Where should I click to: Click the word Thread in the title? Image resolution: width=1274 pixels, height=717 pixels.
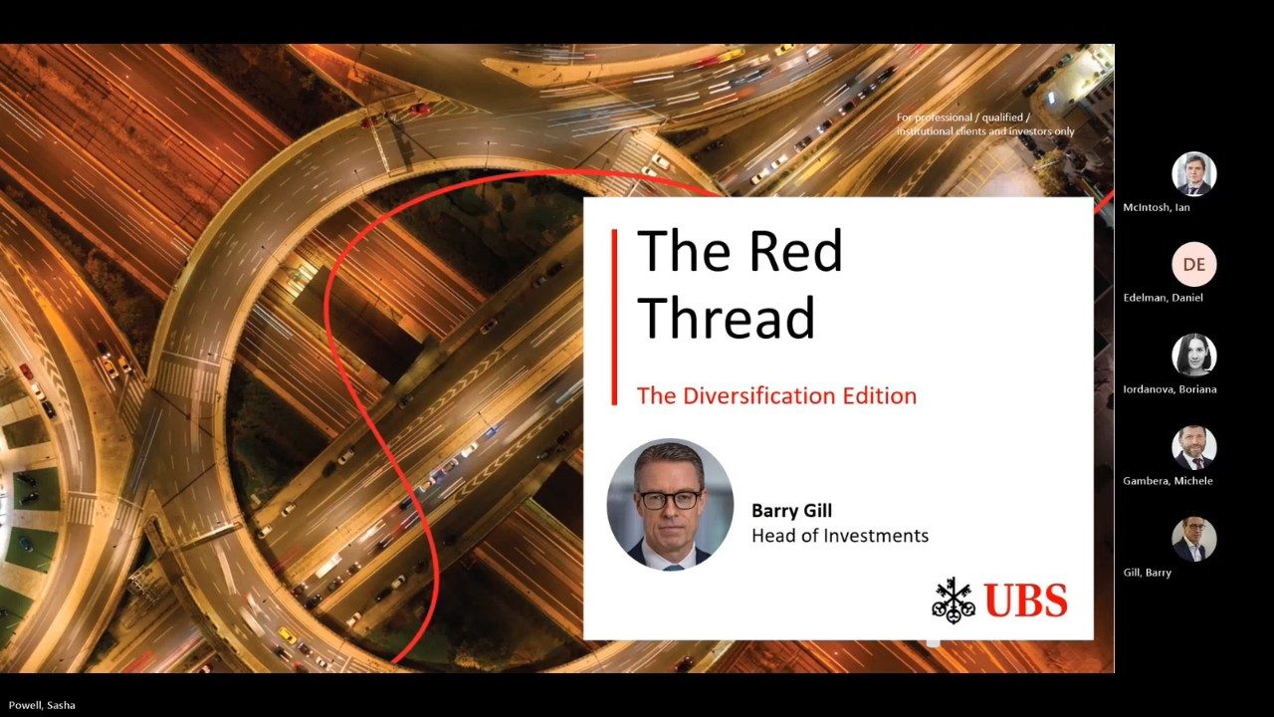click(727, 317)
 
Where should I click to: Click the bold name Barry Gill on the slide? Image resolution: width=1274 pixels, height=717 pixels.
click(791, 511)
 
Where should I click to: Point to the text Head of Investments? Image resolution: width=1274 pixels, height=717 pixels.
click(840, 536)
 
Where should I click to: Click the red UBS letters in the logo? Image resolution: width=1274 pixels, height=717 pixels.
click(1026, 600)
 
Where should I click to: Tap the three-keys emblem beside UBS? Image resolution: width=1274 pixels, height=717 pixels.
click(954, 600)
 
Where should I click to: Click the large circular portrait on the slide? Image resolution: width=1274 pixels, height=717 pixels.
click(670, 504)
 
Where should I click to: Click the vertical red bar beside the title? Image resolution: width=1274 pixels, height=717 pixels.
click(614, 317)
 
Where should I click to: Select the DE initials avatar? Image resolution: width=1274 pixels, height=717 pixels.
click(1193, 264)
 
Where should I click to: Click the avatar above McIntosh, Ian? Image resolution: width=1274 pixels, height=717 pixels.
click(1193, 173)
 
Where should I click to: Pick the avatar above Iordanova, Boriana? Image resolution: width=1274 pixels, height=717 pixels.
click(1193, 356)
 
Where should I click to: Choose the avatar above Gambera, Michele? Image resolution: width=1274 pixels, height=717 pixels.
click(1193, 447)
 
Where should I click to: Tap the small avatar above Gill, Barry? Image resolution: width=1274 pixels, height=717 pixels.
click(1193, 539)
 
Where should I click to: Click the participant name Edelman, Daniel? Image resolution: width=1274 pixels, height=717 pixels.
click(1164, 298)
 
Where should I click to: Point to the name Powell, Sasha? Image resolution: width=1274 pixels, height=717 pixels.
click(42, 705)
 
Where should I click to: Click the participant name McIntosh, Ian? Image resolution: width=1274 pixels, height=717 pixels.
click(1157, 207)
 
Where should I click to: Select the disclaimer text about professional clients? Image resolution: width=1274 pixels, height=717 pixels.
click(985, 124)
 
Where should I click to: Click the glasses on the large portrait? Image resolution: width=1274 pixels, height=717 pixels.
click(670, 500)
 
